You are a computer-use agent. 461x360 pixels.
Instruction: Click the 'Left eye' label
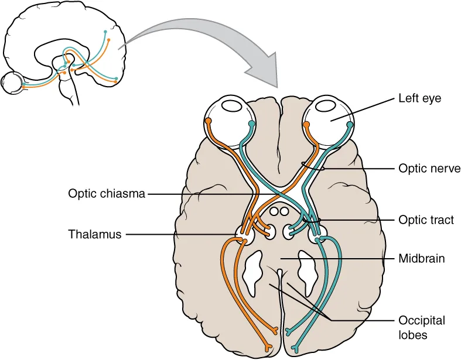(419, 98)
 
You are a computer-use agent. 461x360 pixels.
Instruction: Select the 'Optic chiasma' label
(106, 193)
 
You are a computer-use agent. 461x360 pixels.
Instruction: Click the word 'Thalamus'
(94, 234)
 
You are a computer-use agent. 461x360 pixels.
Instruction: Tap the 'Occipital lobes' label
(421, 328)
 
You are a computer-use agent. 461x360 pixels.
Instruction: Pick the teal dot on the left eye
(350, 124)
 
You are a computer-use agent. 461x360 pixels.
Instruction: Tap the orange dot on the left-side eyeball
(208, 121)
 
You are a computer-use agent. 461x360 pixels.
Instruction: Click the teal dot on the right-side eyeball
(252, 124)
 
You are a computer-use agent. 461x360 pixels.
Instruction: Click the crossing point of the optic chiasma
(281, 194)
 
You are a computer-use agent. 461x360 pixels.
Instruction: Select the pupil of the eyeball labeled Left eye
(325, 107)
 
